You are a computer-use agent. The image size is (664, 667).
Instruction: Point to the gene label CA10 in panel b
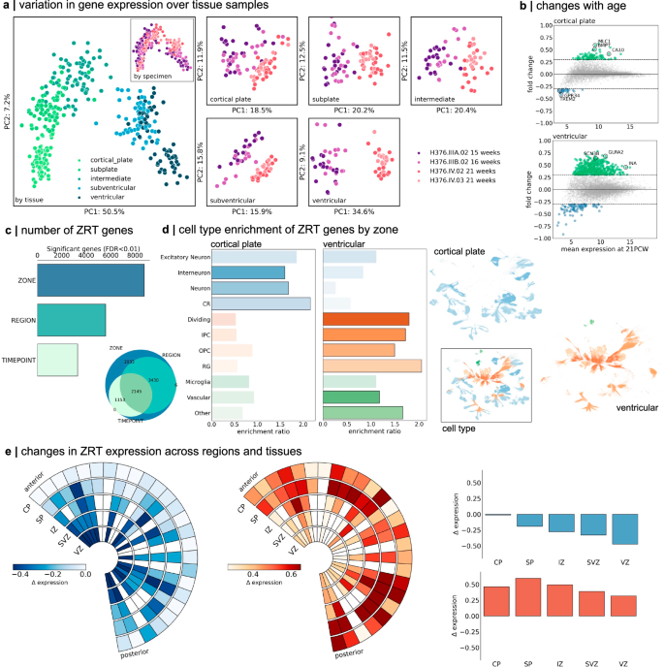click(x=618, y=49)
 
